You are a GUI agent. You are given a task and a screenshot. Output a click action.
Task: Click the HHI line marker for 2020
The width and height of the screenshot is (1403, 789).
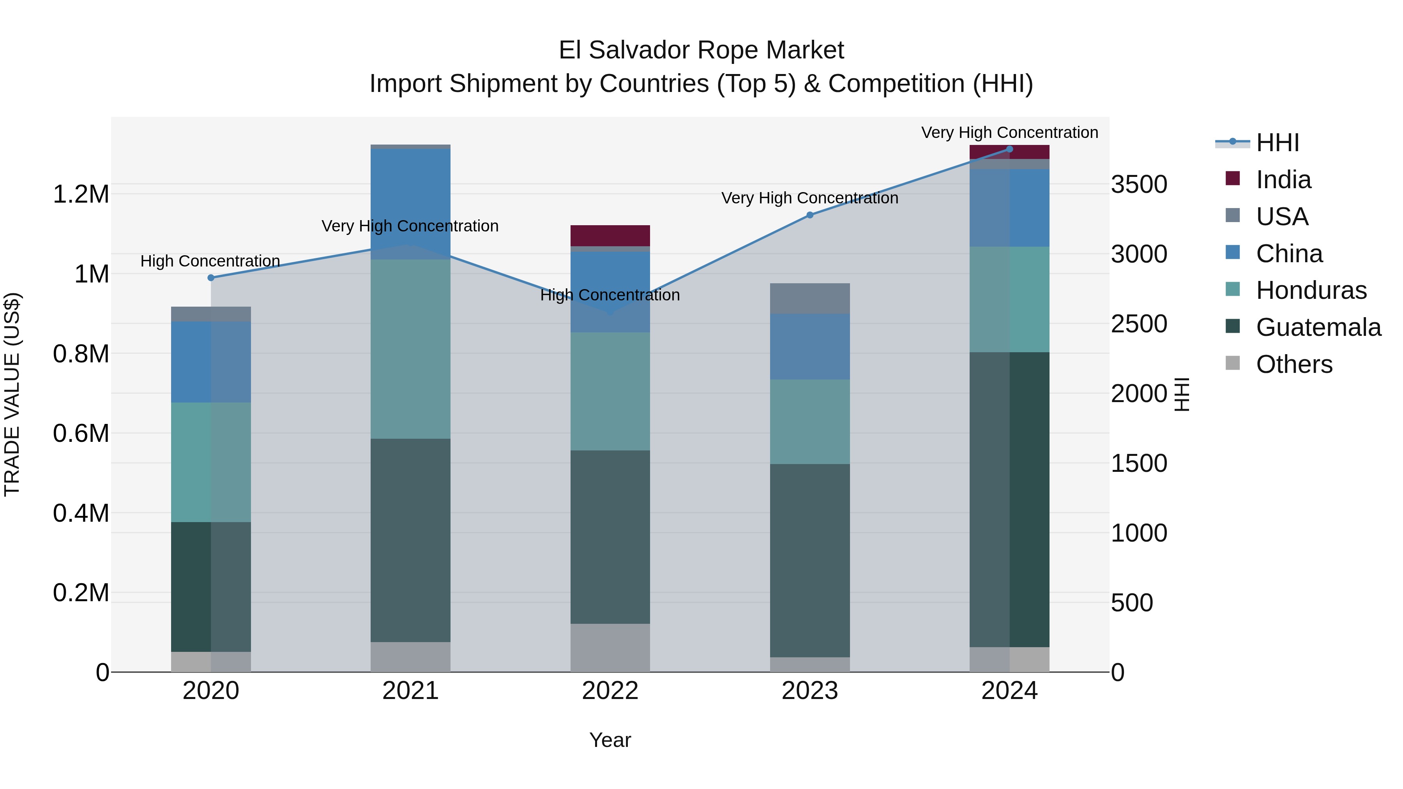point(211,278)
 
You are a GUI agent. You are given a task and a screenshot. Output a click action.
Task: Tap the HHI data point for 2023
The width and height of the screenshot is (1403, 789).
point(810,215)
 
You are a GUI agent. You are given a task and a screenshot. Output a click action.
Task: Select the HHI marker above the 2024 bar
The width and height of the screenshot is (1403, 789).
point(1009,149)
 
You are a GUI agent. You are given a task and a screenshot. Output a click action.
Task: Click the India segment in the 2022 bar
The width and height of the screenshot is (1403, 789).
point(610,236)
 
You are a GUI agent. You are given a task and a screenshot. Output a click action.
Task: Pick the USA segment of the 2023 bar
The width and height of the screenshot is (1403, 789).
point(810,298)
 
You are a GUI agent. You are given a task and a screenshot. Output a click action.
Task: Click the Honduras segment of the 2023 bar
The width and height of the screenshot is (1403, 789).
point(810,422)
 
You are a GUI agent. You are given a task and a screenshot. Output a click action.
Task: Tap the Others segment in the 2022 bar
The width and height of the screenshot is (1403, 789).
point(610,648)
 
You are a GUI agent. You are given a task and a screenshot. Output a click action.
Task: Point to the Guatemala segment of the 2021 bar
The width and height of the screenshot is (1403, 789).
point(411,540)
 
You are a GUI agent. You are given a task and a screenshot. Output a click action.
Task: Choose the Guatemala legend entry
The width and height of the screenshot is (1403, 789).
point(1318,327)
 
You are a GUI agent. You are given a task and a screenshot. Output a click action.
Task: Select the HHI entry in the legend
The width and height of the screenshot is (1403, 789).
point(1277,143)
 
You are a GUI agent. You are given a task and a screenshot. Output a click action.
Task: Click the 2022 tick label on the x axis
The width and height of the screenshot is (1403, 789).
point(610,691)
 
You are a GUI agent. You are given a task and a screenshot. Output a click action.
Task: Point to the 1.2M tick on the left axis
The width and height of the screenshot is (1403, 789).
point(81,194)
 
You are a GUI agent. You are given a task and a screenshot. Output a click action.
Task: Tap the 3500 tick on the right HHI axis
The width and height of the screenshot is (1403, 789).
point(1139,185)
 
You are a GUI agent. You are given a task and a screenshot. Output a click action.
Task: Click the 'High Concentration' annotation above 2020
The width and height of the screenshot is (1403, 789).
point(210,261)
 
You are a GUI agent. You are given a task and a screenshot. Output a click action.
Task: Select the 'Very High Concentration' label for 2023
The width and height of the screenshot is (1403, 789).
point(810,198)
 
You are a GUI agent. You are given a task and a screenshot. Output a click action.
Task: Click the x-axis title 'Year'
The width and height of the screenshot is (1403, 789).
point(610,740)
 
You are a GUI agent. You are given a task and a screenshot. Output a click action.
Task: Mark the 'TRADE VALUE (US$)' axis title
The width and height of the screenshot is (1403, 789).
point(12,394)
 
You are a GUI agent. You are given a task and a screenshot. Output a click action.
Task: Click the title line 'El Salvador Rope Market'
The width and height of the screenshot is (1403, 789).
point(701,50)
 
